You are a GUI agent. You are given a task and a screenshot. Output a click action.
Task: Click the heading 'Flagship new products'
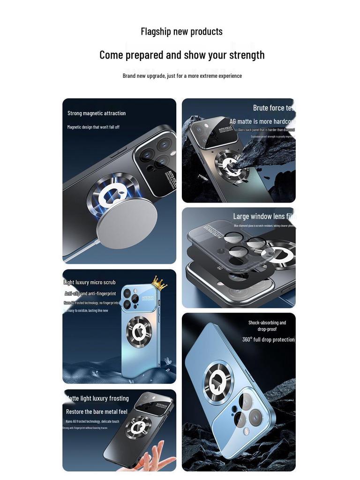coord(181,31)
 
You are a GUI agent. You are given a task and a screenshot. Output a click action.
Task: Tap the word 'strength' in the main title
coord(247,55)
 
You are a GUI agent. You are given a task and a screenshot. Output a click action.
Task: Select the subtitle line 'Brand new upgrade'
coord(182,75)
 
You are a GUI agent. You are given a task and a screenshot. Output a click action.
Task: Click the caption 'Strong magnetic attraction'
coord(97,113)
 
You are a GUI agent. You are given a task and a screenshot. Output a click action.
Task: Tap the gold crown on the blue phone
coord(159,283)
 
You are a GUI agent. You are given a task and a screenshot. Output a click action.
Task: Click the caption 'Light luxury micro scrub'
coord(90,282)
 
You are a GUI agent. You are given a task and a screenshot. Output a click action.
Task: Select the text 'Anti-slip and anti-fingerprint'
coord(90,293)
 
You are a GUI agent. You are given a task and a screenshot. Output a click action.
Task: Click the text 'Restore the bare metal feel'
coord(97,412)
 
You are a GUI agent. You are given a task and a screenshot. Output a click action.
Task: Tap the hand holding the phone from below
coord(149,457)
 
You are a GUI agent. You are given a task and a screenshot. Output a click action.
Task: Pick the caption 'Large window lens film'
coord(264,216)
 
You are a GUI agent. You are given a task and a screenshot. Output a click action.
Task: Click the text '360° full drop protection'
coord(268,339)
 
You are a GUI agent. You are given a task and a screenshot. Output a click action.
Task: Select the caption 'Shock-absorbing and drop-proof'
coord(267,326)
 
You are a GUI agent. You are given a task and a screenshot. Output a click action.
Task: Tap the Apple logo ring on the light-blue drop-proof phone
coord(218,381)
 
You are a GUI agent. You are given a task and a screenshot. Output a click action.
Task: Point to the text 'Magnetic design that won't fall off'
coord(93,127)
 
